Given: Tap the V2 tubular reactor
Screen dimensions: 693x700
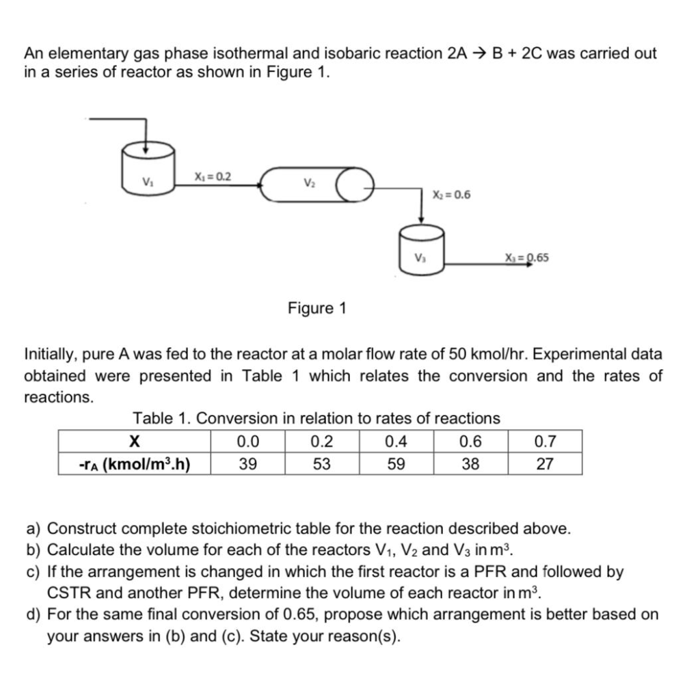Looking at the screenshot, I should (x=308, y=185).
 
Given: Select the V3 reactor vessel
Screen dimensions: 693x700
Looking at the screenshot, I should (x=421, y=251).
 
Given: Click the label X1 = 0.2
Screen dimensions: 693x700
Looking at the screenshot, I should (x=213, y=176).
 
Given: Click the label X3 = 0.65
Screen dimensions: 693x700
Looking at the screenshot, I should (x=526, y=258).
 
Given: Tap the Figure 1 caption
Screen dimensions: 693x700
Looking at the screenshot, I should (x=317, y=308).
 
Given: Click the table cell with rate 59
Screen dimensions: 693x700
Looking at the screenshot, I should (x=396, y=464).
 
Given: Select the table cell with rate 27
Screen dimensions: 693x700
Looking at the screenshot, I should (x=544, y=464).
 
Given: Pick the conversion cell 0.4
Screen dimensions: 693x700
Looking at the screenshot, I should (x=396, y=441).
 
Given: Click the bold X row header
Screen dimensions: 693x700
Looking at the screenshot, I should (x=134, y=441).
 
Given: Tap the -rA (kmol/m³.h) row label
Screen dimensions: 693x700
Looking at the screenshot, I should (x=134, y=464).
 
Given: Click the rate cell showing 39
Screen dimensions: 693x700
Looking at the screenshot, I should (x=247, y=464).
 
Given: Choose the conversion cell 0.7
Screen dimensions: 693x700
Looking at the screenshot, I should (x=544, y=441).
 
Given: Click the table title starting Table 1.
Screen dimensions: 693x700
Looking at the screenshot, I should (x=317, y=418).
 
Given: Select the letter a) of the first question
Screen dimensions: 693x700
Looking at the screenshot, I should (x=33, y=528).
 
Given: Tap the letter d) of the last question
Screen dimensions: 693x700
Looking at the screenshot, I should (x=33, y=614).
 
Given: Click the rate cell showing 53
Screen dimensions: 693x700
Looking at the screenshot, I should (x=321, y=464).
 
